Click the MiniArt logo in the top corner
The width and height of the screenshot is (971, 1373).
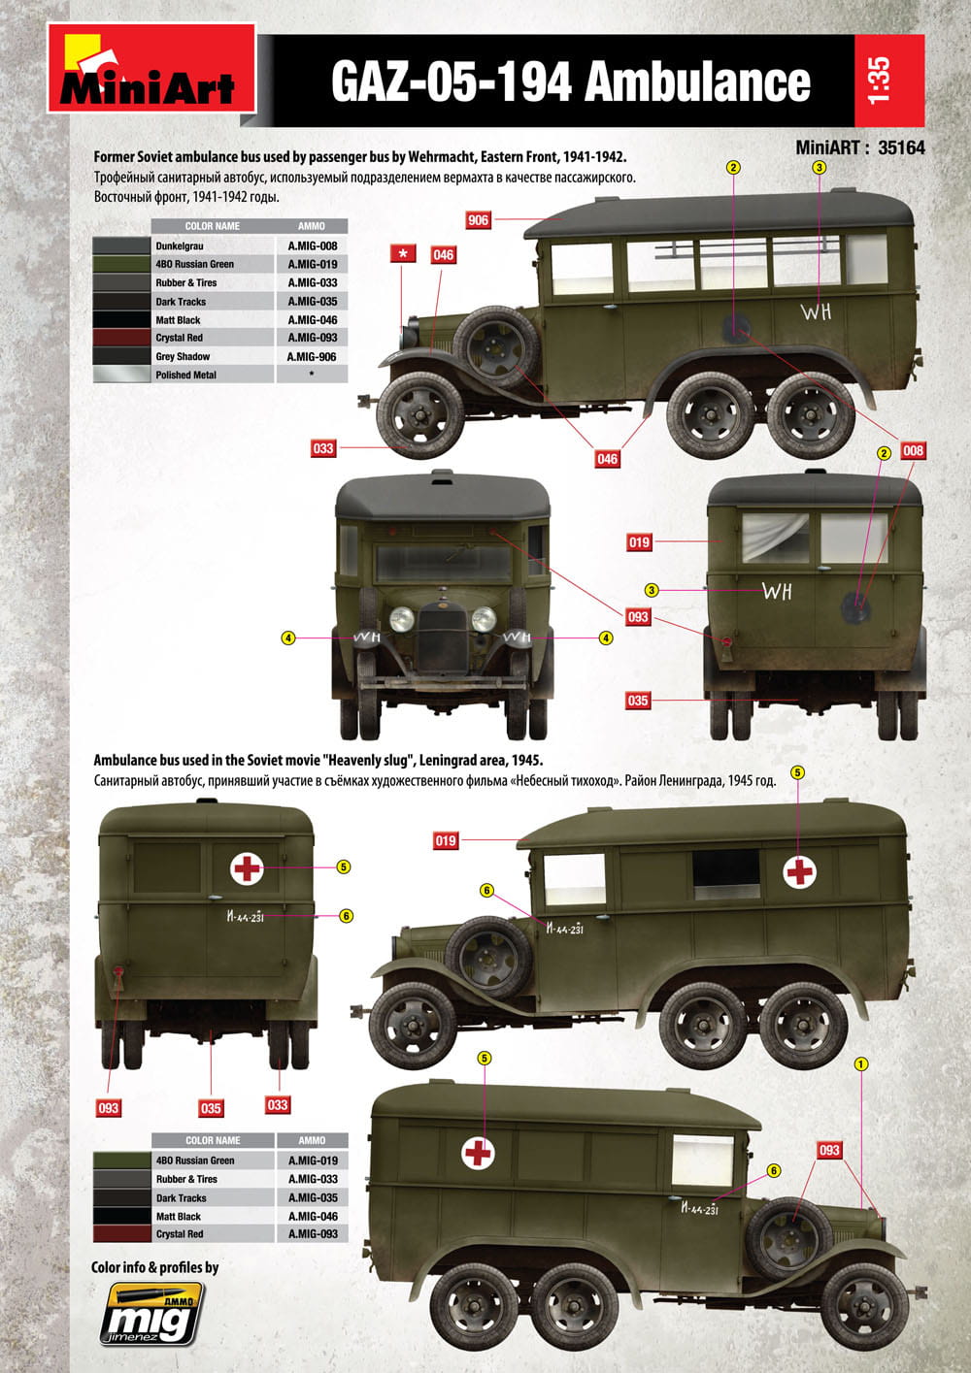click(151, 69)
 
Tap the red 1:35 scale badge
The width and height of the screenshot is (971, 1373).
click(888, 81)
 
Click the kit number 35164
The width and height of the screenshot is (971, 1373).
click(901, 148)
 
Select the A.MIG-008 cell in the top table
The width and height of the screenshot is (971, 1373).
click(312, 246)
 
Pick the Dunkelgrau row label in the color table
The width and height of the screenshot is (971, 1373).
click(180, 246)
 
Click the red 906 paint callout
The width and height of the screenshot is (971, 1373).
click(478, 220)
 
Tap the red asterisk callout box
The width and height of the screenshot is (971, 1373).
click(403, 254)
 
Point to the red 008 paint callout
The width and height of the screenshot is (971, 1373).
click(913, 450)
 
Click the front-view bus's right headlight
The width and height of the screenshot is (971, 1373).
click(484, 619)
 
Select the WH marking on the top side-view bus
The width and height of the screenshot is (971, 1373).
click(816, 312)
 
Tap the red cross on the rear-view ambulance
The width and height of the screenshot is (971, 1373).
click(247, 867)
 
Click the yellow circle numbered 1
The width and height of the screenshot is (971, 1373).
click(860, 1063)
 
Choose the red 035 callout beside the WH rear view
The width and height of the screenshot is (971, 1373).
click(637, 700)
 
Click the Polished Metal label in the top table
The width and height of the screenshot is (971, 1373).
click(185, 375)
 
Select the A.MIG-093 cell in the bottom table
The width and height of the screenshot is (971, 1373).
click(312, 1234)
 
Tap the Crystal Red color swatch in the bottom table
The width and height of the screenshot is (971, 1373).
click(120, 1234)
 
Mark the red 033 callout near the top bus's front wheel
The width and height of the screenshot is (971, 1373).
click(322, 448)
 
